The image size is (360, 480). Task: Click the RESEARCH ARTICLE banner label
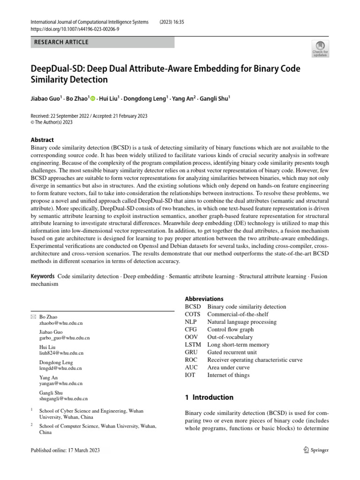[x=61, y=42]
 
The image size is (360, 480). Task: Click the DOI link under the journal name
[x=75, y=29]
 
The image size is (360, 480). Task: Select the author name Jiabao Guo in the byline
[x=45, y=98]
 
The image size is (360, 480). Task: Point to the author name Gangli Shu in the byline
[x=214, y=98]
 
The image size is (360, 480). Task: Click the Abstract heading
[x=42, y=140]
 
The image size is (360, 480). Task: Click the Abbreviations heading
[x=204, y=299]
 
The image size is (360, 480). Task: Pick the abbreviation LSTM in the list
[x=193, y=345]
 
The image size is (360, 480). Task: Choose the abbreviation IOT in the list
[x=191, y=375]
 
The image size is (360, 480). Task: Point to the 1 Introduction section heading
[x=209, y=397]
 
